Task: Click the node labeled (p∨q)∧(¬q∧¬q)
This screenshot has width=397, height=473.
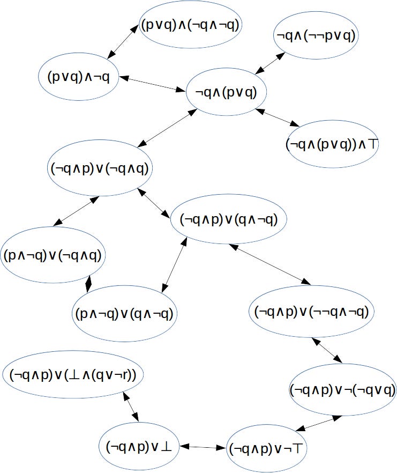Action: click(190, 25)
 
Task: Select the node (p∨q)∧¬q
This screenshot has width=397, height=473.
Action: click(79, 77)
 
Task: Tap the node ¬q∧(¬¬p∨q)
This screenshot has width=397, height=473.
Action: click(316, 36)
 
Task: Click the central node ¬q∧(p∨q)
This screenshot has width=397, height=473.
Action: click(226, 92)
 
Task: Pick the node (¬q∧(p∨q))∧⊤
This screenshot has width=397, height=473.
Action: click(332, 144)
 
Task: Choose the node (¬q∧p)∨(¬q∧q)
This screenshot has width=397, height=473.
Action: click(101, 168)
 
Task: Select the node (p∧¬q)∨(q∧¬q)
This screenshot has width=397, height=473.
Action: click(124, 313)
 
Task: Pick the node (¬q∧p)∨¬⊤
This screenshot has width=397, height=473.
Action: click(265, 447)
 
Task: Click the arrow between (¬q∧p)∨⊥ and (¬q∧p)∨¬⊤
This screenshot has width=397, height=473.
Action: click(202, 447)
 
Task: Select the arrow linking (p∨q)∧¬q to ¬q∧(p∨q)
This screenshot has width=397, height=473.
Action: click(152, 84)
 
